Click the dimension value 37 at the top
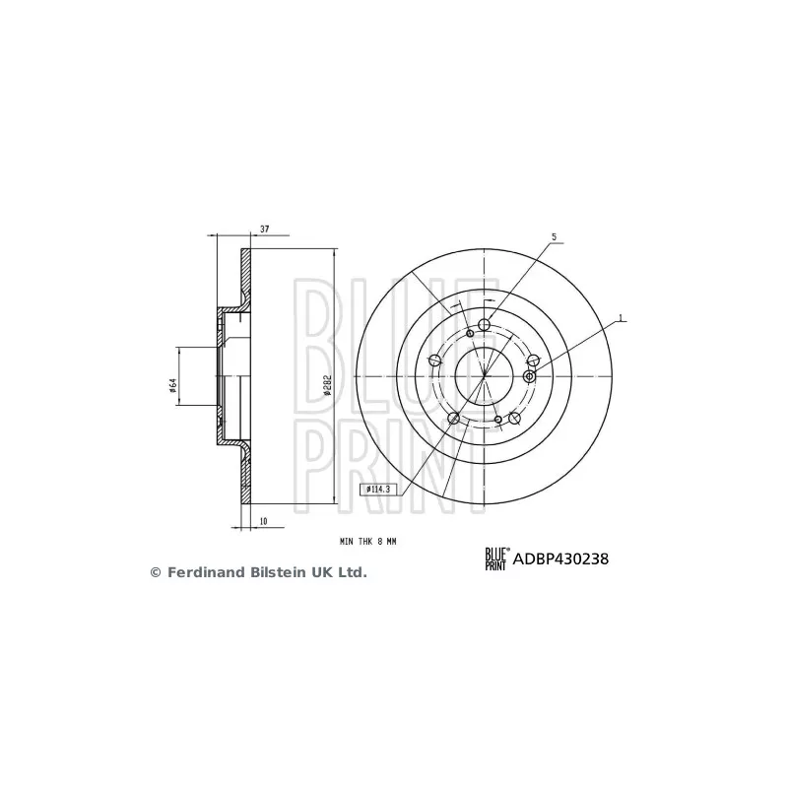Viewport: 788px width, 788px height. (264, 230)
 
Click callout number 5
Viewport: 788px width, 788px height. (554, 237)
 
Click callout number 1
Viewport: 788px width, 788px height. (621, 318)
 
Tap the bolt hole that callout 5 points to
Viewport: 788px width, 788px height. (484, 325)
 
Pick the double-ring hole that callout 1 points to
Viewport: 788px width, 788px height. (530, 375)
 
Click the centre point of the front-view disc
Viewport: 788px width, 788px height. (485, 375)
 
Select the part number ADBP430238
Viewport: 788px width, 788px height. (560, 558)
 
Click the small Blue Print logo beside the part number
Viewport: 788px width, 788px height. (494, 558)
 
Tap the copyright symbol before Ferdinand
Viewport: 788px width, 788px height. (155, 572)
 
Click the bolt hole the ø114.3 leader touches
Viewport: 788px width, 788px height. (454, 420)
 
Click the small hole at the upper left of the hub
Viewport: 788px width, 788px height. (470, 334)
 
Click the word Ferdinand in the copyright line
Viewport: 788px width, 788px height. (202, 572)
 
